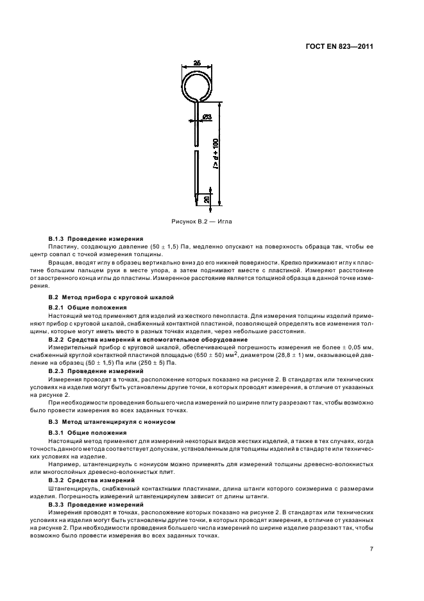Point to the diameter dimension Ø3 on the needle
click(208, 116)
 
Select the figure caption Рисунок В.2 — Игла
click(202, 221)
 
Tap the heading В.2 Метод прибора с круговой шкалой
click(103, 298)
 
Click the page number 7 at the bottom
click(371, 548)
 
